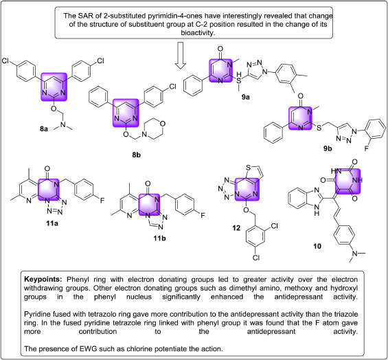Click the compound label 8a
click(44, 129)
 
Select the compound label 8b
click(137, 155)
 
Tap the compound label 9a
click(246, 97)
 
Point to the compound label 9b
click(328, 148)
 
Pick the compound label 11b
click(159, 238)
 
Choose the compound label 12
click(236, 228)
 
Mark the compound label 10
click(317, 246)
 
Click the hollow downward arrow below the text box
click(181, 56)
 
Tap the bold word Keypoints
click(43, 280)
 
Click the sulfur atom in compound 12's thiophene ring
click(248, 168)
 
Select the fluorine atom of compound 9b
click(367, 148)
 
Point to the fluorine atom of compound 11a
click(102, 201)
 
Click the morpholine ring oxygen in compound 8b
click(163, 124)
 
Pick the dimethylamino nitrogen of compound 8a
click(63, 124)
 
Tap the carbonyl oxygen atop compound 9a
click(220, 49)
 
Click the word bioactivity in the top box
click(198, 33)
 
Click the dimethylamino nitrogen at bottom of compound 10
click(355, 254)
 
